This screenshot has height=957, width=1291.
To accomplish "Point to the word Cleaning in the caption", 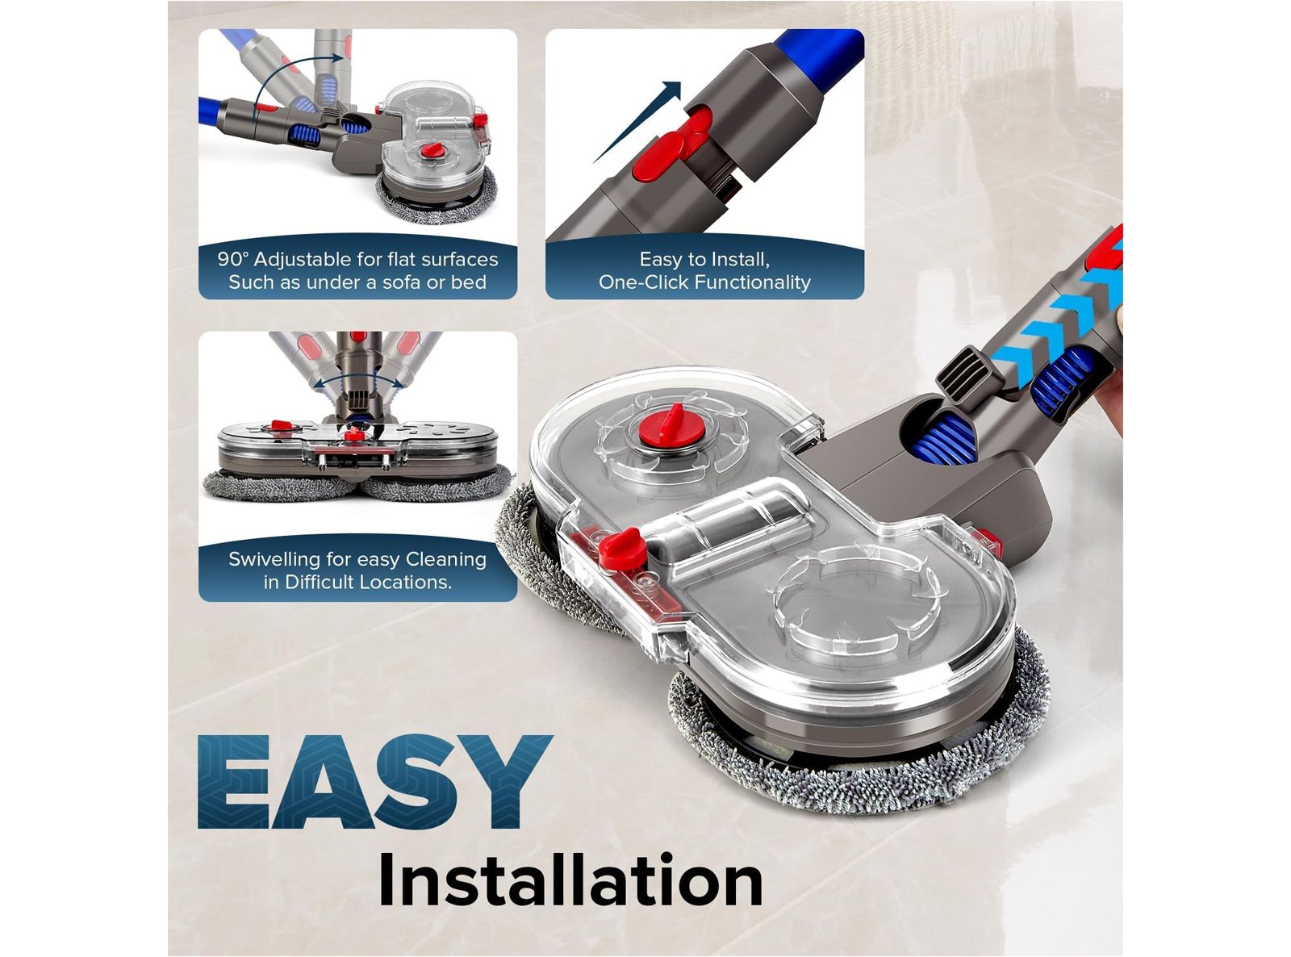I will (x=446, y=559).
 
